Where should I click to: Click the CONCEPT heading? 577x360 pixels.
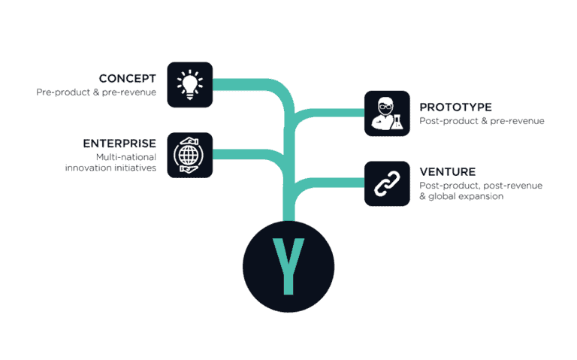click(x=128, y=78)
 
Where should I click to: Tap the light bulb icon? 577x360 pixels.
click(x=190, y=84)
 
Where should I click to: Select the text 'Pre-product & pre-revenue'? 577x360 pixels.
click(x=96, y=92)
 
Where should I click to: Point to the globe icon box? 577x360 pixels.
click(x=190, y=155)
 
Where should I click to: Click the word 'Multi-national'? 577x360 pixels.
click(x=125, y=156)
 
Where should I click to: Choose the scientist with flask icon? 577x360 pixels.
click(x=387, y=113)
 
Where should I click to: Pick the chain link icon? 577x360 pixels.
click(x=387, y=183)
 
